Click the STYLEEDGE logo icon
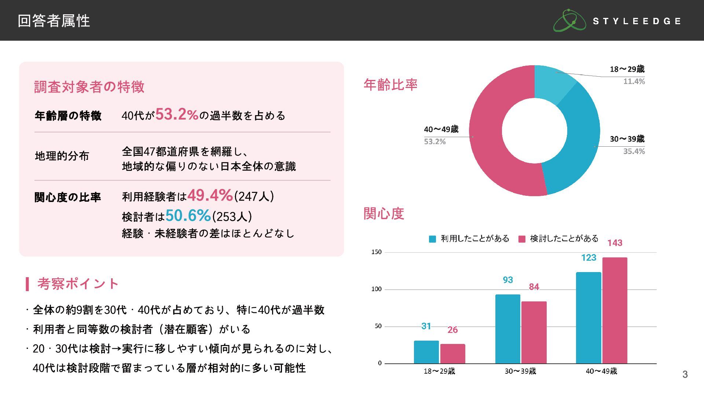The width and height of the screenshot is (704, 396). (569, 21)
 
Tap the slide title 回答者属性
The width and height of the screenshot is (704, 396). (54, 21)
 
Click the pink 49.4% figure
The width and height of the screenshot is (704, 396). (210, 195)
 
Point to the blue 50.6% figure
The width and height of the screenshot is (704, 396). (188, 215)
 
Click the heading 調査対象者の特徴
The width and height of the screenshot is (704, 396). (89, 87)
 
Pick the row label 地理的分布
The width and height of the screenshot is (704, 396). (62, 156)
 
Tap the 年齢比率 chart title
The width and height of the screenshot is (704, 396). (390, 85)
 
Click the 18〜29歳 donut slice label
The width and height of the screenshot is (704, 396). (627, 69)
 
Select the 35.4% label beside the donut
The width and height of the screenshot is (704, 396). (634, 151)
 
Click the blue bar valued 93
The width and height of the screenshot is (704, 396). (507, 329)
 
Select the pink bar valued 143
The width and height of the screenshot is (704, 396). (615, 310)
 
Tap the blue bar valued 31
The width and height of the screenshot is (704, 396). (426, 352)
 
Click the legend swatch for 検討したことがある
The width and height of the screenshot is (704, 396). (522, 239)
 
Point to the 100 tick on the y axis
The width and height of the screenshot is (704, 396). (377, 289)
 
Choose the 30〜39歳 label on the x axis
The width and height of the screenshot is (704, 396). (520, 371)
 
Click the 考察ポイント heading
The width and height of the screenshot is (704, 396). (78, 283)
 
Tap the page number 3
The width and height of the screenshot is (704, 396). (685, 374)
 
